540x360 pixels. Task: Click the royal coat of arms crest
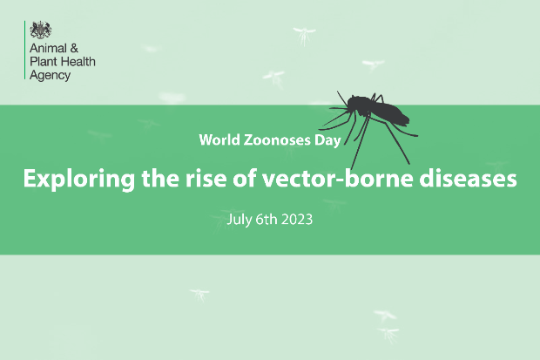pos(41,30)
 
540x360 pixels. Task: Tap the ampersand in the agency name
pos(74,48)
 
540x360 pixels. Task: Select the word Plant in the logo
pos(44,61)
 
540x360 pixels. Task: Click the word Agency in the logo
pos(51,76)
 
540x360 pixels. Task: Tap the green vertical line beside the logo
pos(24,50)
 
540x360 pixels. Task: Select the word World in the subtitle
pos(219,140)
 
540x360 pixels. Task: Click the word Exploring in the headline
pos(79,179)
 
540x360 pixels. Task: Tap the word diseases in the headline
pos(468,179)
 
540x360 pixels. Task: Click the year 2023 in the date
pos(297,220)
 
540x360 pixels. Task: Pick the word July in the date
pos(239,220)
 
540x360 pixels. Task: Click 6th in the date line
pos(267,220)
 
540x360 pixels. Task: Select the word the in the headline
pos(160,179)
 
